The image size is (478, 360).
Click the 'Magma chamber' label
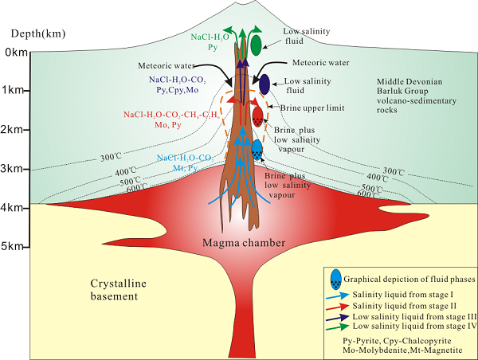(x=239, y=242)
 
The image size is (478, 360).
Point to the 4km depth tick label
(x=16, y=208)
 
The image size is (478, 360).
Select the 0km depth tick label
(x=16, y=53)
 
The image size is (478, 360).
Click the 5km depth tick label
(x=16, y=248)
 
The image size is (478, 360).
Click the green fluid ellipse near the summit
(x=257, y=45)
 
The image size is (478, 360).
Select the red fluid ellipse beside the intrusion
(x=258, y=116)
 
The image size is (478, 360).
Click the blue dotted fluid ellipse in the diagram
(x=257, y=148)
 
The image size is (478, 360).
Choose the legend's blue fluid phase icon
(x=336, y=278)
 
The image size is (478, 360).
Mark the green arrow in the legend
(x=340, y=327)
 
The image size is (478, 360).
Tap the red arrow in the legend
(x=340, y=306)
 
